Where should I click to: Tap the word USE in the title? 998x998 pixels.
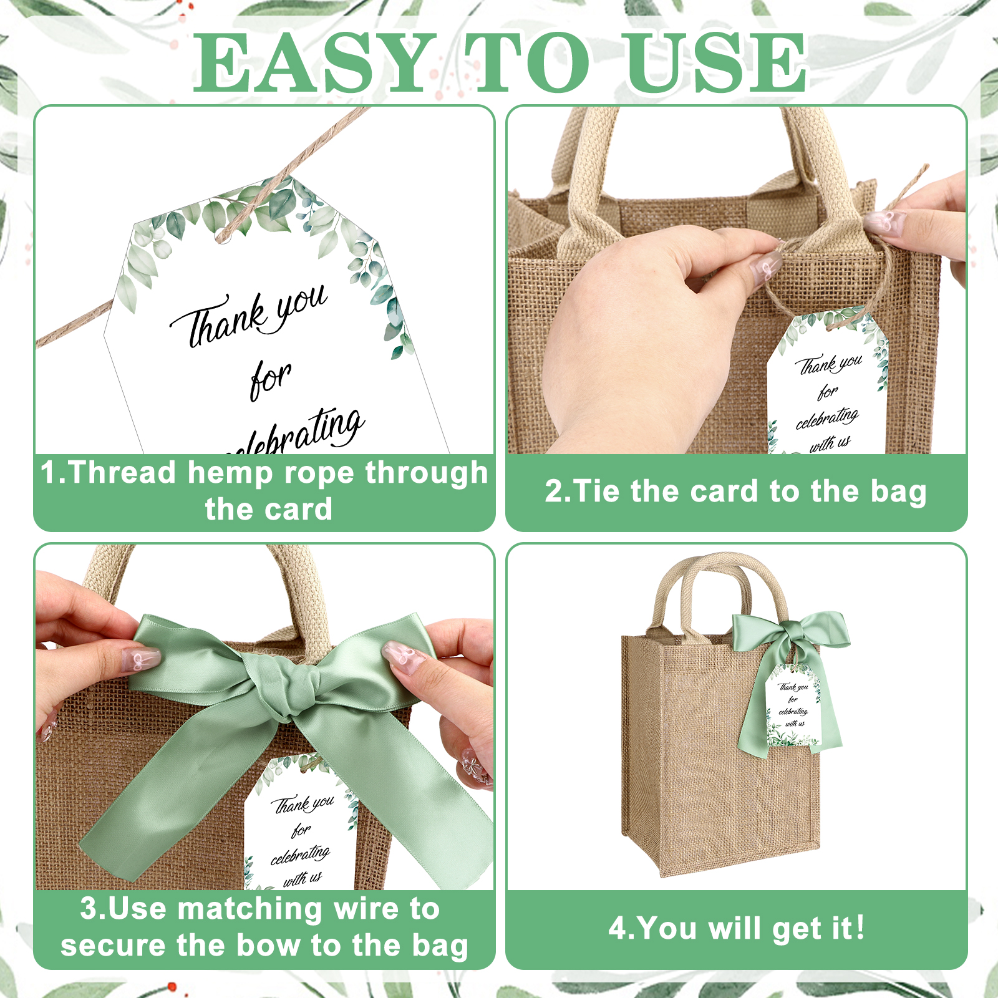(718, 63)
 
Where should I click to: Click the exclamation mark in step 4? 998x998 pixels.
(860, 927)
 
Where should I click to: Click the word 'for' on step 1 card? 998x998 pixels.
(271, 380)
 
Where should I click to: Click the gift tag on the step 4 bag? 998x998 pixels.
(793, 707)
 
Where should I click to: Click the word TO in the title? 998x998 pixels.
(527, 63)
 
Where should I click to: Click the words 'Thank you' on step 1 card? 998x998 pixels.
(248, 315)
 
